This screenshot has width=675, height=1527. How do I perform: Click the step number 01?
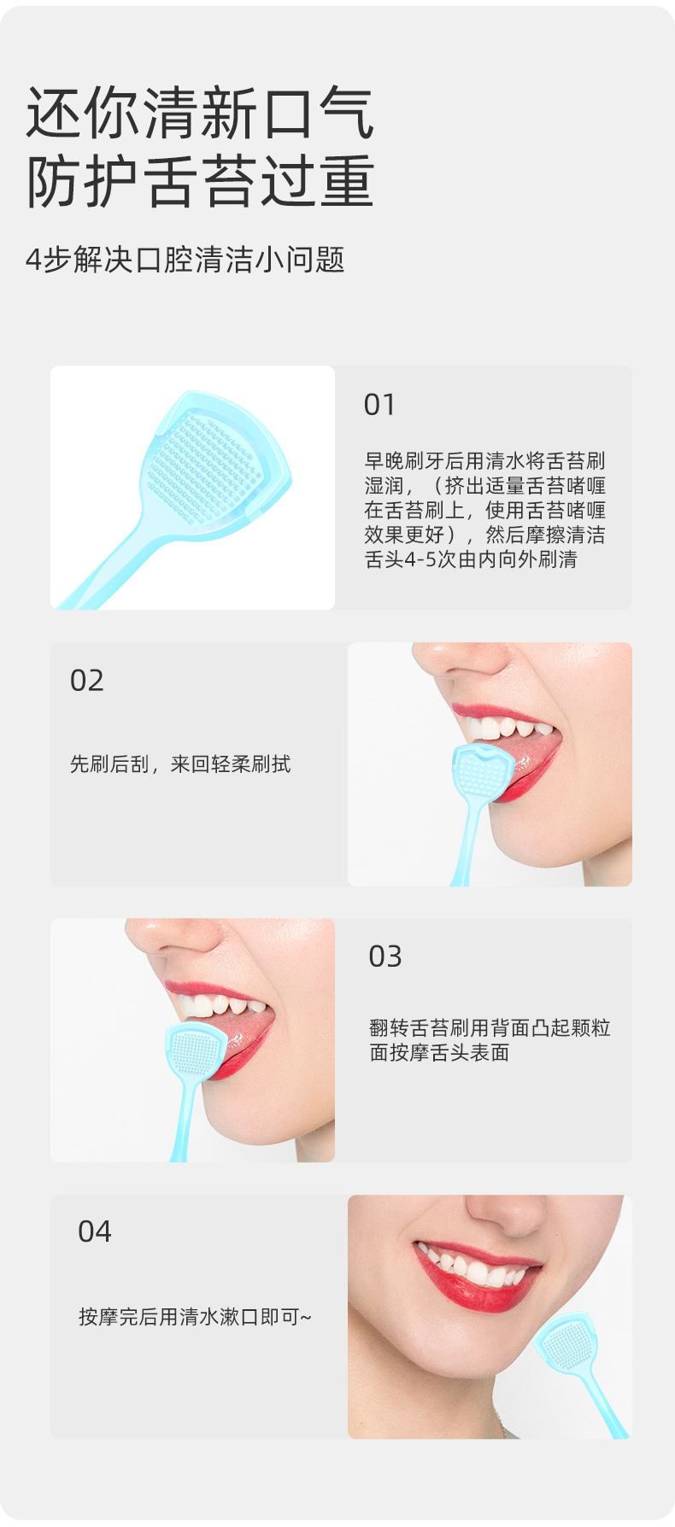[379, 404]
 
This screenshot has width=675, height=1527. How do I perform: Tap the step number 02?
[86, 681]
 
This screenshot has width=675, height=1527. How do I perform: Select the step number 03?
[384, 957]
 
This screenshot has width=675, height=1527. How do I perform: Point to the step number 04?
[94, 1232]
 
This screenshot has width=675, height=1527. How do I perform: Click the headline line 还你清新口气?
[200, 114]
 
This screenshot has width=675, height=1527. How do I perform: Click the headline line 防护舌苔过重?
[200, 181]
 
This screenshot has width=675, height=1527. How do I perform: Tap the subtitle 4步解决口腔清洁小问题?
[185, 260]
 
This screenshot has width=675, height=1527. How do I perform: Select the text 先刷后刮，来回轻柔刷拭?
[180, 763]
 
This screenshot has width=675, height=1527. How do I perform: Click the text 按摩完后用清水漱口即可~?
[195, 1317]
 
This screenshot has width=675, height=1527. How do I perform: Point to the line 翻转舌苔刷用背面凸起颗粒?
[490, 1027]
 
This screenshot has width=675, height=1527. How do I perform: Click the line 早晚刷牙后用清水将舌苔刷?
[484, 461]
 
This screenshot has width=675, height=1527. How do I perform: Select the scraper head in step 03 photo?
[196, 1052]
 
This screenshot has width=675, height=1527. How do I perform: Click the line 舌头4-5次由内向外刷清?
[471, 559]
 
